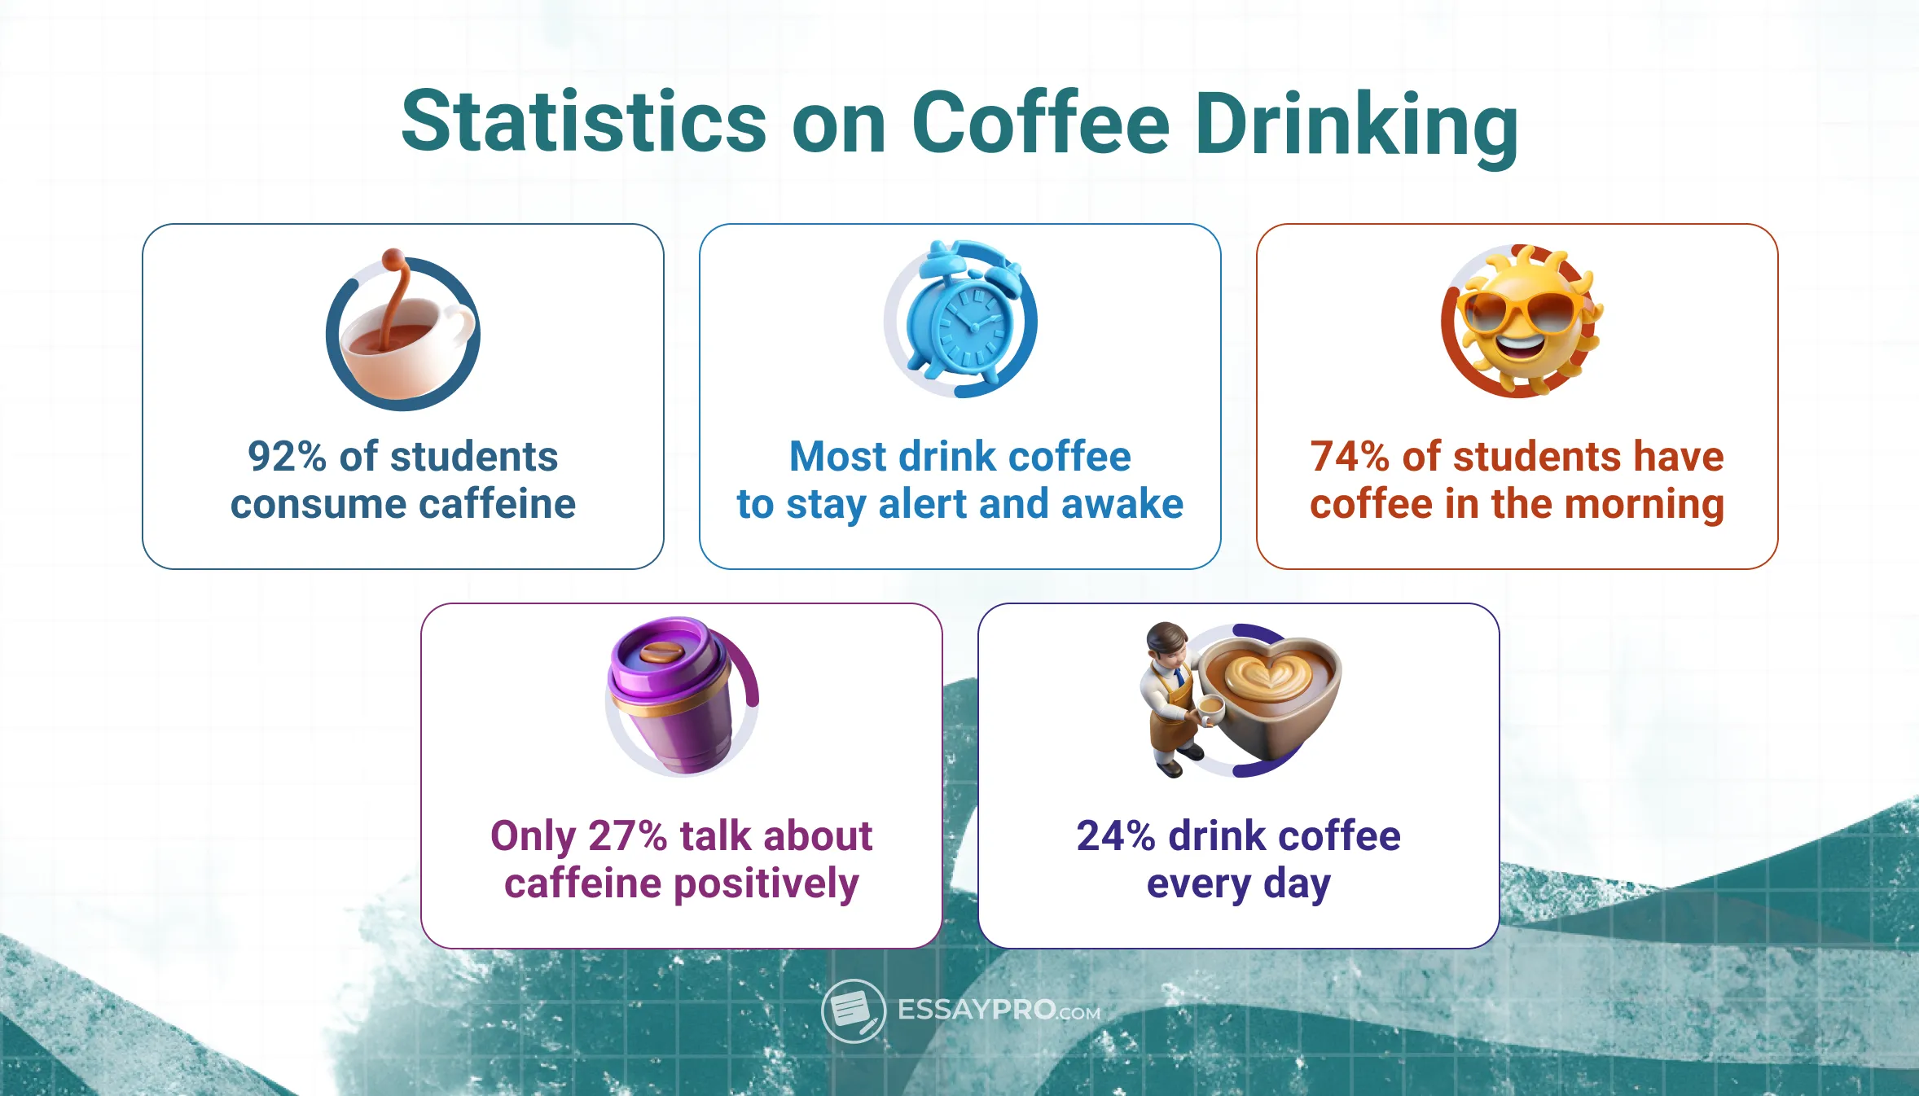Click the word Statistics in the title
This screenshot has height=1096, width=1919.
[583, 122]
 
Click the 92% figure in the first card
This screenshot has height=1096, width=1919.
[287, 457]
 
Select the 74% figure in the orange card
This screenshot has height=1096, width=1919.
[1349, 457]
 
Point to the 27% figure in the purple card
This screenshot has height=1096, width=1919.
[627, 836]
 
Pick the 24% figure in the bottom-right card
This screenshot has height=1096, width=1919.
[1115, 836]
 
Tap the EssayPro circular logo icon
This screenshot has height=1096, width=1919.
[853, 1011]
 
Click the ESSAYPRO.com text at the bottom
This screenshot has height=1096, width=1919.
[999, 1011]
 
